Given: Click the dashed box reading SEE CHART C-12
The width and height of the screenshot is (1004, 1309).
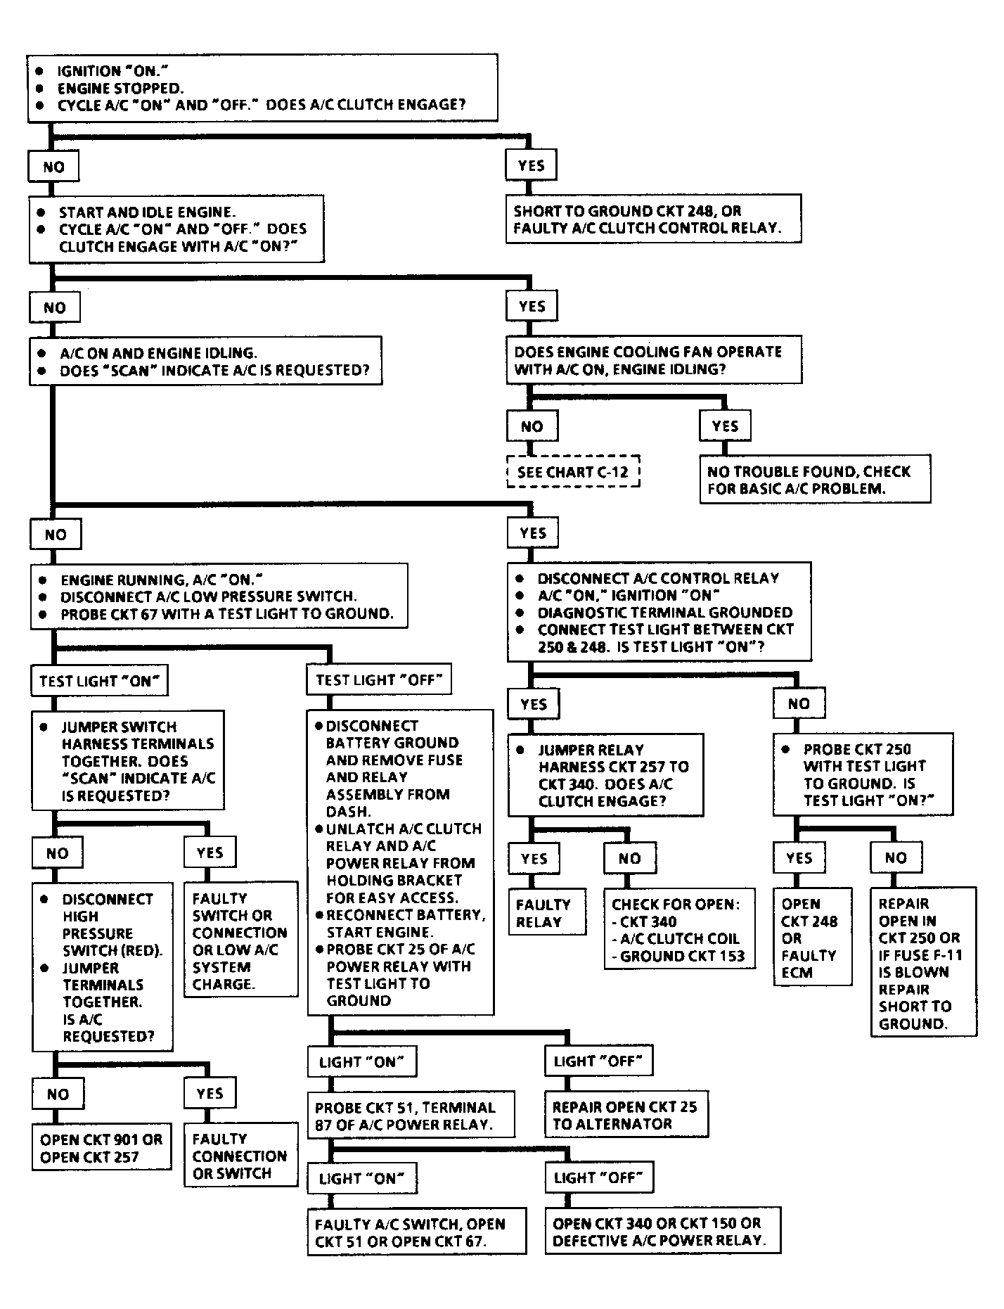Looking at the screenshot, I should [573, 472].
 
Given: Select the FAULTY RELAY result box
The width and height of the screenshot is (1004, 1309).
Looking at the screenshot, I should [547, 913].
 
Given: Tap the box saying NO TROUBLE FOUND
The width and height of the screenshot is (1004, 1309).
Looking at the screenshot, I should [814, 480].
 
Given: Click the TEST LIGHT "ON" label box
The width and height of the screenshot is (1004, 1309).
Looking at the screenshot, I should [100, 681].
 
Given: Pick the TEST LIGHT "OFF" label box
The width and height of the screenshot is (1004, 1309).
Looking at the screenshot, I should [380, 680].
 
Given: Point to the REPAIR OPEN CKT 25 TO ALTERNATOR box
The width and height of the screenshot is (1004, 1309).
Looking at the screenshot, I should [626, 1115].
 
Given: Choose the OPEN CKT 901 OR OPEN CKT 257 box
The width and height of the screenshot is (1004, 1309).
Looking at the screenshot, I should [101, 1148].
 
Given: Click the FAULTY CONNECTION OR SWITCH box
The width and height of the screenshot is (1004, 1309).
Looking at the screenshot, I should [240, 1156].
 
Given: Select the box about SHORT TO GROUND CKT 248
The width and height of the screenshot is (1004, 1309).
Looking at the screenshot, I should [653, 219].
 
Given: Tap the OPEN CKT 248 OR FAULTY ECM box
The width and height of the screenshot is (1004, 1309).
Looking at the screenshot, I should [812, 938].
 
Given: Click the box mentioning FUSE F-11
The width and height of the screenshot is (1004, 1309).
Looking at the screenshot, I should [924, 963].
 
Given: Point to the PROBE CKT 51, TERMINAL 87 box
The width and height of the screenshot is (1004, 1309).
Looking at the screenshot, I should [411, 1115].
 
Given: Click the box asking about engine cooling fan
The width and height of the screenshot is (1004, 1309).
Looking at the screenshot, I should [653, 360].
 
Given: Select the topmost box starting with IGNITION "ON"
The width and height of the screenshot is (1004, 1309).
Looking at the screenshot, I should [262, 88].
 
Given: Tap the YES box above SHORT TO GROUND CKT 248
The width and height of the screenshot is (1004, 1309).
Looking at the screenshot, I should [531, 165].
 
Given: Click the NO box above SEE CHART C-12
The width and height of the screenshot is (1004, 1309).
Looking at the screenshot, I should [532, 426].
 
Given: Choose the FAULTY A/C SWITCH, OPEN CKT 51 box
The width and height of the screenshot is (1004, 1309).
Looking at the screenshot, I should [416, 1232].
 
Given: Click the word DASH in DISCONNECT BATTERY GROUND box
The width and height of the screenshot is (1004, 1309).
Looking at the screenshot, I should [348, 811].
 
